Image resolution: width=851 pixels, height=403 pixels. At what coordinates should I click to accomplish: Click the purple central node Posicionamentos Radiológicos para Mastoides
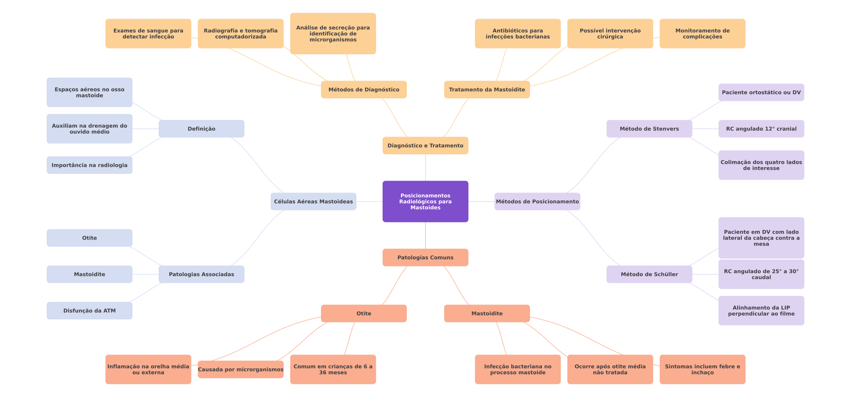pyautogui.click(x=425, y=201)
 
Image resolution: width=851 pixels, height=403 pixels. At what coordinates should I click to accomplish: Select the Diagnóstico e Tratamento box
pyautogui.click(x=425, y=146)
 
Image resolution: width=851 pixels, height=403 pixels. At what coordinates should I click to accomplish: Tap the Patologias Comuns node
pyautogui.click(x=425, y=257)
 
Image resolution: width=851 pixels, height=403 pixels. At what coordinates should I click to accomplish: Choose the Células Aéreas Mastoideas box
pyautogui.click(x=313, y=201)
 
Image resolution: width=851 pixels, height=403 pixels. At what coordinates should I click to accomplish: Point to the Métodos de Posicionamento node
pyautogui.click(x=537, y=201)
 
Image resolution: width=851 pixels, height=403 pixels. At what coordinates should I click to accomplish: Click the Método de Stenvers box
pyautogui.click(x=649, y=129)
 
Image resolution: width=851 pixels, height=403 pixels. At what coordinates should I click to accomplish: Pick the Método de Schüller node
pyautogui.click(x=649, y=274)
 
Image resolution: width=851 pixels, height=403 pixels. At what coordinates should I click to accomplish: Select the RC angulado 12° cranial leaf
pyautogui.click(x=761, y=129)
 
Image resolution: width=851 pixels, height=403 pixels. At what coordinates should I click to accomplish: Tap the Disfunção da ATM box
pyautogui.click(x=89, y=310)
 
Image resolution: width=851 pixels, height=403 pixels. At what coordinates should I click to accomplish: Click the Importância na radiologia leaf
pyautogui.click(x=89, y=165)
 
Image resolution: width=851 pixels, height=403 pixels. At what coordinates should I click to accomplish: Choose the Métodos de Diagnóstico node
pyautogui.click(x=364, y=90)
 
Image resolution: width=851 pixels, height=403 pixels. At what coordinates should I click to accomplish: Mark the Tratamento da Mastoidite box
pyautogui.click(x=487, y=90)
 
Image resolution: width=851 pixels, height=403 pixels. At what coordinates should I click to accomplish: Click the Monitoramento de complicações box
pyautogui.click(x=702, y=34)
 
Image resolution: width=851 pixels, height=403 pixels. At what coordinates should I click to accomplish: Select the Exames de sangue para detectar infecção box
pyautogui.click(x=148, y=34)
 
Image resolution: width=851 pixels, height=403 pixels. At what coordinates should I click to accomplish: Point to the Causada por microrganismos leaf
pyautogui.click(x=240, y=369)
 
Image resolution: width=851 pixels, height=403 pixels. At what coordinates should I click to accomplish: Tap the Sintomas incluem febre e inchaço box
pyautogui.click(x=702, y=369)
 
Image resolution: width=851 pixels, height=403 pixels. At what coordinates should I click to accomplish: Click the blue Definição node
pyautogui.click(x=201, y=129)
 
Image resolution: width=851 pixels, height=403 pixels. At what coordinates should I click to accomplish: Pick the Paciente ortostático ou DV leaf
pyautogui.click(x=761, y=92)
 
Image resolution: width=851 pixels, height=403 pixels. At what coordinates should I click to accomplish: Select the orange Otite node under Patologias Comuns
pyautogui.click(x=364, y=313)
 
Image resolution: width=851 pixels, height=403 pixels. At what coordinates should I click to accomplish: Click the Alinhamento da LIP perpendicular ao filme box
pyautogui.click(x=761, y=310)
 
